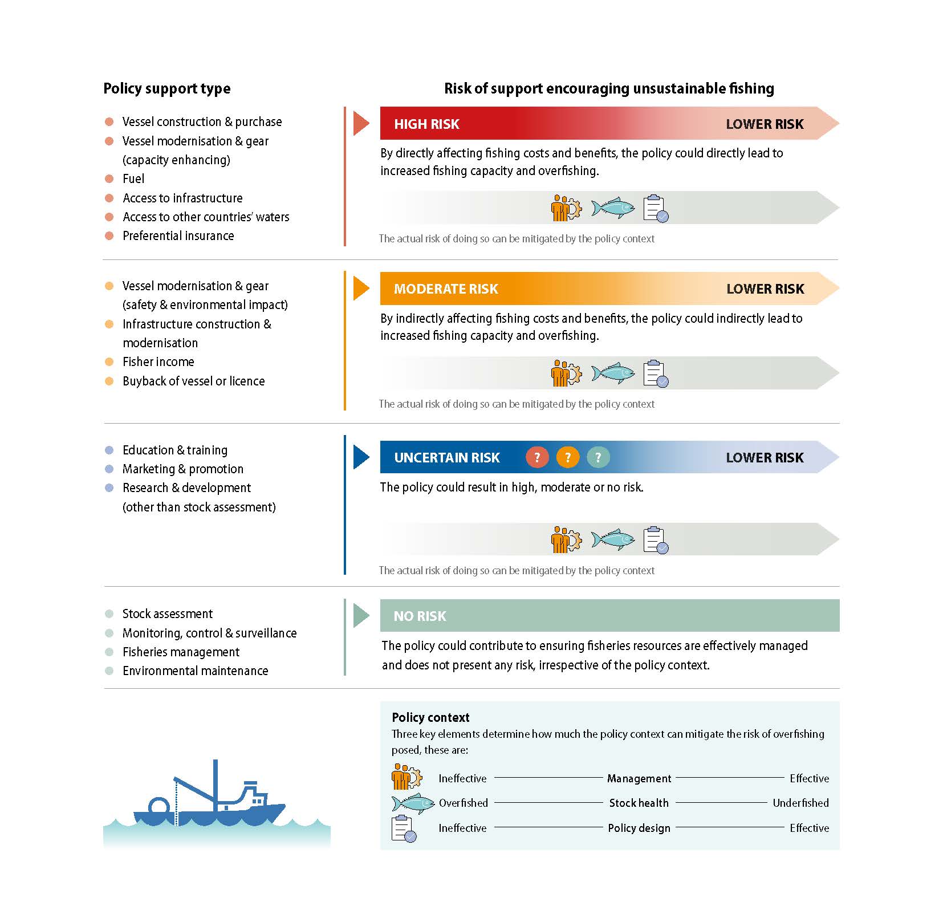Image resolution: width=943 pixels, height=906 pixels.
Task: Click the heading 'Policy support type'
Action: (166, 89)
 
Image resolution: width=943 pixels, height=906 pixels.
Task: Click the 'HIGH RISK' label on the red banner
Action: (426, 124)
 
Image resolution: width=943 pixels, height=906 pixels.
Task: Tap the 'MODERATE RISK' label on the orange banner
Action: (446, 289)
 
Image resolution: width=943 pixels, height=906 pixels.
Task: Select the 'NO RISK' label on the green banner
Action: (420, 616)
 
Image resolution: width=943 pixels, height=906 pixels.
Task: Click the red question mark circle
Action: (537, 457)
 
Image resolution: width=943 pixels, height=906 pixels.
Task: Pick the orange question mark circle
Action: (567, 457)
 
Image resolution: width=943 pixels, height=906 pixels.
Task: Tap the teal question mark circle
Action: (597, 457)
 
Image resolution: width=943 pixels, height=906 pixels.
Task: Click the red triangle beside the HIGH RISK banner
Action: (360, 124)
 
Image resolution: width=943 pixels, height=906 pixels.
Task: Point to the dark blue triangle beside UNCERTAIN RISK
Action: (360, 457)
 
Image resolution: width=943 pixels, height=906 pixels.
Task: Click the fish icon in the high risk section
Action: (613, 208)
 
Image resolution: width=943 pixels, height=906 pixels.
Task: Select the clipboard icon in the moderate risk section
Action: (655, 373)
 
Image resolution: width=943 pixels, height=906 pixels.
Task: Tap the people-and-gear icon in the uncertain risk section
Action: (566, 539)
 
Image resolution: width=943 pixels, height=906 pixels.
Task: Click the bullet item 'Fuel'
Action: (133, 179)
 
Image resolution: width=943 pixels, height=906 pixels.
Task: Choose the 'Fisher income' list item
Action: (158, 362)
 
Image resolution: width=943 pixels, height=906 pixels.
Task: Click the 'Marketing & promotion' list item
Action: (182, 469)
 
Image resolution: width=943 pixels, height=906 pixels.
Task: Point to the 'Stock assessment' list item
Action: (167, 614)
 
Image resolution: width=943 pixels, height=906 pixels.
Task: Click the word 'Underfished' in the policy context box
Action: (800, 803)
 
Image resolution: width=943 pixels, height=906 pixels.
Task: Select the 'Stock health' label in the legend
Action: (639, 803)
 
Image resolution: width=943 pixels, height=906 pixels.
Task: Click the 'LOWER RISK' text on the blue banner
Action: (765, 458)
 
